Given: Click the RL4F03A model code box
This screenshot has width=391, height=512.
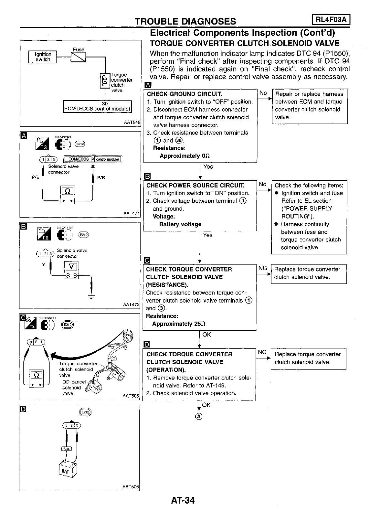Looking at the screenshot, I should (331, 20).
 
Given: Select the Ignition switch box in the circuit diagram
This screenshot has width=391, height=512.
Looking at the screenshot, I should (43, 57).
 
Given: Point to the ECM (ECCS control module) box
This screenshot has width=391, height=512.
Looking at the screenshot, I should (97, 106).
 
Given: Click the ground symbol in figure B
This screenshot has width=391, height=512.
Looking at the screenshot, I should (92, 297).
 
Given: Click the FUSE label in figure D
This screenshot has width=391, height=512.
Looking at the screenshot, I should (66, 448).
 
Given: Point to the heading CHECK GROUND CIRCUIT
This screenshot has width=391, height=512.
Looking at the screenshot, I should (184, 94).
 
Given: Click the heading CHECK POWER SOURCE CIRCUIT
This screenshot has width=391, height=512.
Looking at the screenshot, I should (195, 185).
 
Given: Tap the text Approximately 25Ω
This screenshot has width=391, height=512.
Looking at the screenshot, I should (179, 324).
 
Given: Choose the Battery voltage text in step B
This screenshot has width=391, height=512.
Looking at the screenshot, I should (180, 224).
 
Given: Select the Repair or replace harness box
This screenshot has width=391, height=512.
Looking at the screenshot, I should (310, 106).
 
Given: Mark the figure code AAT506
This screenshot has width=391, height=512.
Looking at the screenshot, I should (131, 487).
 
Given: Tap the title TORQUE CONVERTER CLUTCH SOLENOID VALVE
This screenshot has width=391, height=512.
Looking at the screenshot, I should (244, 43).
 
